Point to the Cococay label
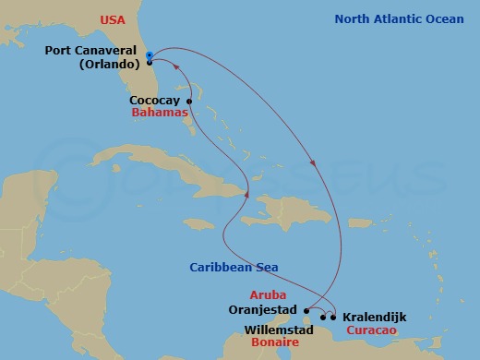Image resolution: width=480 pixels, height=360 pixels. coord(155,101)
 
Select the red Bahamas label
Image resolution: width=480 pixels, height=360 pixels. coord(160,113)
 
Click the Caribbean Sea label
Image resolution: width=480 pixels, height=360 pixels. coord(234,268)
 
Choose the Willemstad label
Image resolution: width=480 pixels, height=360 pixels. coord(278,329)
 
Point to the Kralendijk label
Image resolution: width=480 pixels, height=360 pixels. coord(374,317)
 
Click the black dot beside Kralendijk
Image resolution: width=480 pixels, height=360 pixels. coord(333,318)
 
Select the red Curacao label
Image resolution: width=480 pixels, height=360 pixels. coord(372,330)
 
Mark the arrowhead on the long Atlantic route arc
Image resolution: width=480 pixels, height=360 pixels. coord(316,165)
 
